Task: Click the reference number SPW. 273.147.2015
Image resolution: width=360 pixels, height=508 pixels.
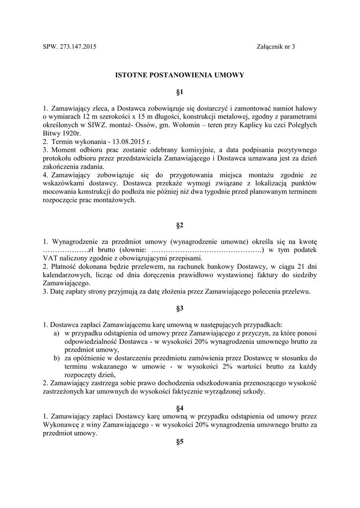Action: pos(70,47)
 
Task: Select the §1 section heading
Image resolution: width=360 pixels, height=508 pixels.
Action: pos(180,92)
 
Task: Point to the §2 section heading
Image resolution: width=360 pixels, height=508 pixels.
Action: pos(180,226)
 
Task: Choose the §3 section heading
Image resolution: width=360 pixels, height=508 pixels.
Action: pos(180,308)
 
